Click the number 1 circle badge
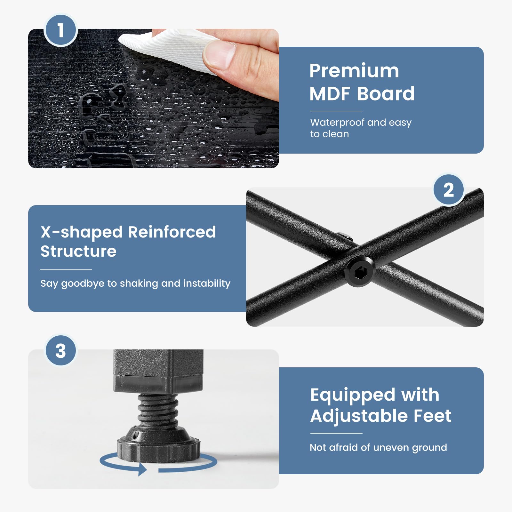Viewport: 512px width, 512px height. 60,30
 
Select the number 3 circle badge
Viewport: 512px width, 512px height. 60,351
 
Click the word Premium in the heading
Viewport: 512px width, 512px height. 354,71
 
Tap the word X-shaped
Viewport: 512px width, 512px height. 82,232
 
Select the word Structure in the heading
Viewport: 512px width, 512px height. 78,251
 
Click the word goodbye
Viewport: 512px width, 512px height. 83,284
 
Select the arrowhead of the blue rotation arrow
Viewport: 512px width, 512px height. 142,469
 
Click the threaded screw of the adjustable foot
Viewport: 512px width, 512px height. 157,410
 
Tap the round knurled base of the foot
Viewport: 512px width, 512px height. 158,447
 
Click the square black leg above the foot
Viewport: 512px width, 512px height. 158,371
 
